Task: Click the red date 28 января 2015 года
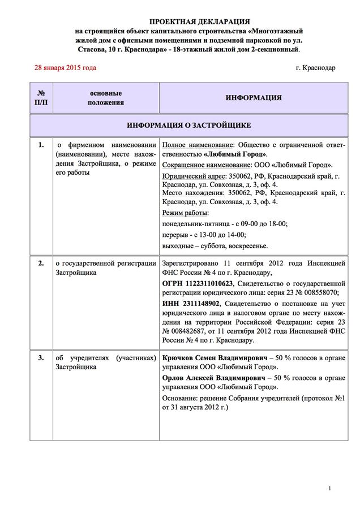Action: coord(65,68)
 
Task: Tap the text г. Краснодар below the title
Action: coord(315,68)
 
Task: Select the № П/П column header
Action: coord(41,98)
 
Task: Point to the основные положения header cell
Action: coord(106,98)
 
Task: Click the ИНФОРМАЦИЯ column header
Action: coord(254,98)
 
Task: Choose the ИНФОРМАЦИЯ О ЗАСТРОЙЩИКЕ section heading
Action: coord(189,124)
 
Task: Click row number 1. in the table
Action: coord(41,145)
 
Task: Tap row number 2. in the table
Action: coord(41,263)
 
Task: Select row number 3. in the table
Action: coord(41,359)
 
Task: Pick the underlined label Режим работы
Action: coord(185,213)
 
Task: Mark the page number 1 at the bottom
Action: coord(329,489)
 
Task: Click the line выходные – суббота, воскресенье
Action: coord(215,246)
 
